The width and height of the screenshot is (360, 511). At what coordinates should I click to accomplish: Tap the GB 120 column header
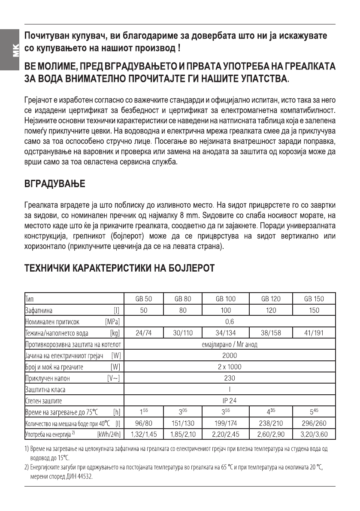[270, 299]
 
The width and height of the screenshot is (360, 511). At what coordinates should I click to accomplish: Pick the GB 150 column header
[314, 299]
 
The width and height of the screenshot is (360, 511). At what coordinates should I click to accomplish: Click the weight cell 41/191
[314, 333]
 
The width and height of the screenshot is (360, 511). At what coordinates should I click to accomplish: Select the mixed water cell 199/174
[225, 423]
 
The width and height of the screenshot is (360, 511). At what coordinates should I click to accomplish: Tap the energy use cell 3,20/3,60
[314, 435]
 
